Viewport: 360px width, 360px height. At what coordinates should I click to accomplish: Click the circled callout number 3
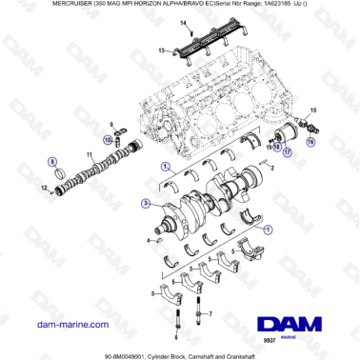pos(145,203)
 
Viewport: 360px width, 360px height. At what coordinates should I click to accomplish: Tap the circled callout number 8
pos(52,163)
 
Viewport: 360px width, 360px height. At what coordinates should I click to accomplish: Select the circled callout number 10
pos(108,142)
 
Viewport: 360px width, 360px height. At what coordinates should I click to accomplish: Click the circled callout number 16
pos(311,140)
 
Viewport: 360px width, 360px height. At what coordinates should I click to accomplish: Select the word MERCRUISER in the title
pos(30,8)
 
